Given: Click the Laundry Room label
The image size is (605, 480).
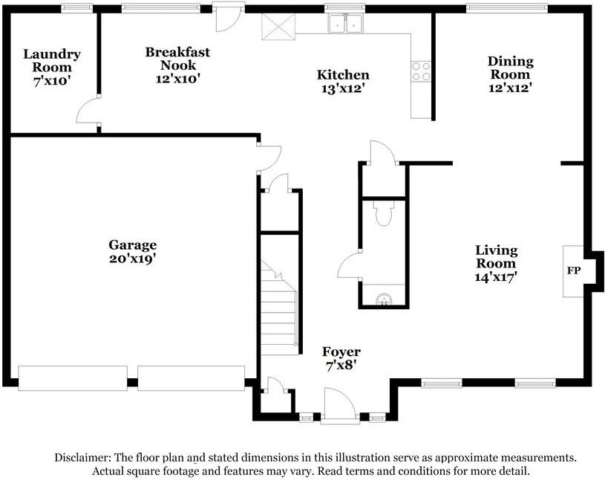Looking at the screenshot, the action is (52, 60).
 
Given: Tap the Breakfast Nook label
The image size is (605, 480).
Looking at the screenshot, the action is (178, 58).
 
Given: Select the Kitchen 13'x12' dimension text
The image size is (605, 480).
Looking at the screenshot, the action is (343, 88).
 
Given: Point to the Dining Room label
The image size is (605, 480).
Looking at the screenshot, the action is (511, 67).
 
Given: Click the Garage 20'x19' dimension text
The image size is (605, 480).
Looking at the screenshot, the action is (132, 259).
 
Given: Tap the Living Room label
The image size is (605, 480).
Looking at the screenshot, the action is (496, 256).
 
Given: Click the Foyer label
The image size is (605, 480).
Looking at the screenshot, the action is (341, 351).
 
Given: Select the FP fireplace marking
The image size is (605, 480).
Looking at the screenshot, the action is (574, 270).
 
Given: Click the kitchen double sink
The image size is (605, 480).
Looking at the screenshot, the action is (345, 24).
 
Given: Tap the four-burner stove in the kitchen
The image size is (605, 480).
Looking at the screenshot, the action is (421, 71).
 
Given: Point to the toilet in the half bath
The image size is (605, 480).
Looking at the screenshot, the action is (384, 213).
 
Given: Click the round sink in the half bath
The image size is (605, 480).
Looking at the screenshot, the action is (384, 299).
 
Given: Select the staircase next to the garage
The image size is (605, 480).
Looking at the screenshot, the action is (279, 307).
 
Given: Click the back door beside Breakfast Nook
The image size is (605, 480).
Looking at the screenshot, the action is (229, 17).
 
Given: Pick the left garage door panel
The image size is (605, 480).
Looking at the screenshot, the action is (73, 378).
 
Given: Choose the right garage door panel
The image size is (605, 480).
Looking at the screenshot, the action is (191, 378).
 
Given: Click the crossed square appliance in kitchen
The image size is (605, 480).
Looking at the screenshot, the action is (278, 27).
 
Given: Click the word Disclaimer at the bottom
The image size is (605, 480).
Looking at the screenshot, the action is (83, 458).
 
